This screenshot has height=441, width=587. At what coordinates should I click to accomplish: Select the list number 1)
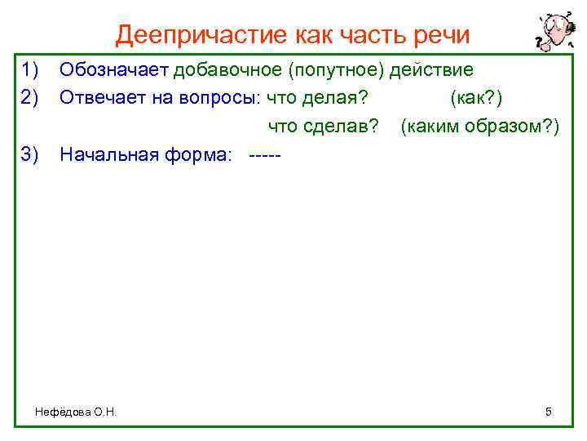pos(31,69)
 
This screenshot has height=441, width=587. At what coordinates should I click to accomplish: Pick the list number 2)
pos(31,98)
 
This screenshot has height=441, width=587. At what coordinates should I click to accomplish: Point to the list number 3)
pos(31,154)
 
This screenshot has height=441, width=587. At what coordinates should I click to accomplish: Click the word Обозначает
pos(114,69)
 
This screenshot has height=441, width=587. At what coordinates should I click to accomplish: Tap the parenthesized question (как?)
pos(475,98)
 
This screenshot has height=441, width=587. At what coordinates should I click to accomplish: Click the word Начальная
pos(106,154)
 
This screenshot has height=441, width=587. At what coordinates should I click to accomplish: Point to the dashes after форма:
pos(263,154)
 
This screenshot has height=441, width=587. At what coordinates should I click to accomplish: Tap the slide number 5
pos(549,412)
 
